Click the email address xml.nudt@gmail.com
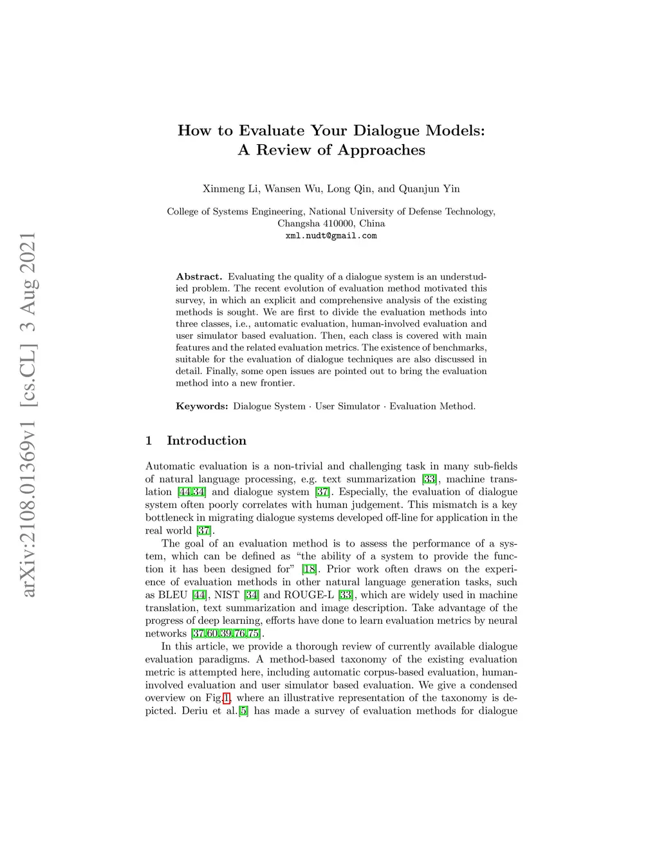331,236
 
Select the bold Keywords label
201,406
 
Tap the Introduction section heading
206,441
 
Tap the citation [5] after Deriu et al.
243,711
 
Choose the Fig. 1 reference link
227,698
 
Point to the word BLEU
172,595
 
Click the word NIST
227,595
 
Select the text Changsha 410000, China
331,223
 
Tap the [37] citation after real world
204,530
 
